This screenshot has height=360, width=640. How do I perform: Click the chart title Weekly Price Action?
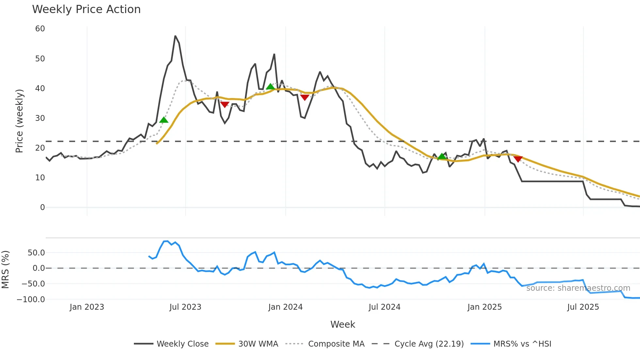point(86,9)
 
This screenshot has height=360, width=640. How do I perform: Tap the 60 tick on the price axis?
point(40,29)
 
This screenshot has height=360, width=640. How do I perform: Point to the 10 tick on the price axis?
point(40,178)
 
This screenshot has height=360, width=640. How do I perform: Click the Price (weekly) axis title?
point(19,121)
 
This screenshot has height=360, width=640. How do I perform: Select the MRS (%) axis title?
point(5,270)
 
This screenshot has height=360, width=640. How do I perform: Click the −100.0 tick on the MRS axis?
point(31,299)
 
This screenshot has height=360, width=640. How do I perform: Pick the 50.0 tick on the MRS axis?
point(36,253)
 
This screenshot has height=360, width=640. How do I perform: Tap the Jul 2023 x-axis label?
point(185,307)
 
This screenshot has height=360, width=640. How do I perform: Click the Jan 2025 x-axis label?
point(484,307)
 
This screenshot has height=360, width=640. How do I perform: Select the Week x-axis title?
point(343,324)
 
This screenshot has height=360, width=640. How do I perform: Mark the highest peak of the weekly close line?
point(175,36)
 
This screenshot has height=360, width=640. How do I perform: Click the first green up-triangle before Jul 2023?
point(164,120)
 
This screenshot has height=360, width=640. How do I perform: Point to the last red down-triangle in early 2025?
point(518,159)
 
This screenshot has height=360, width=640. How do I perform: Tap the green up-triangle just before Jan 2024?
point(270,87)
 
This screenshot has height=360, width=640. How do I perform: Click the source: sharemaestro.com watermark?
point(578,288)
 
